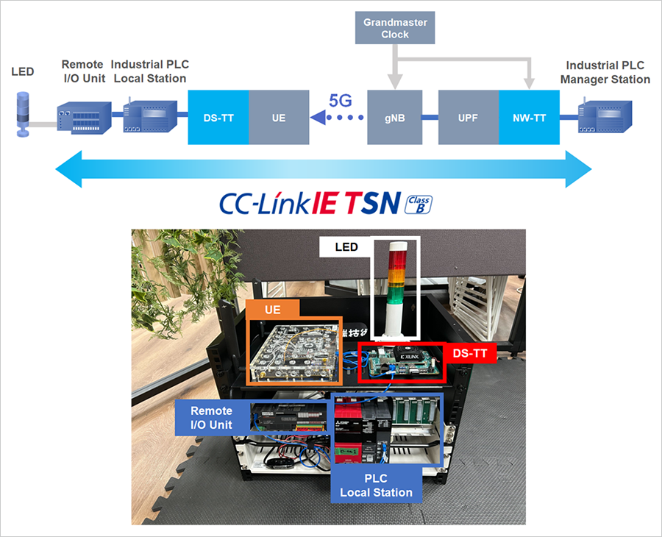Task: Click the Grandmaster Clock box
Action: coord(395,28)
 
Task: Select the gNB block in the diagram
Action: coord(395,117)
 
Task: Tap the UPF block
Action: coord(469,117)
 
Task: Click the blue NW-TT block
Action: coord(529,117)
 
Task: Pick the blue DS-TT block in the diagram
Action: coord(218,117)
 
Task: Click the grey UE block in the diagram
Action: coord(278,117)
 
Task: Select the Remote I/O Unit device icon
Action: coord(83,118)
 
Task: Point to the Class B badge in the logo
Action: coord(419,204)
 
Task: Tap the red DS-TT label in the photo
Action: coord(469,353)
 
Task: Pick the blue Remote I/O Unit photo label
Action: coord(212,417)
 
